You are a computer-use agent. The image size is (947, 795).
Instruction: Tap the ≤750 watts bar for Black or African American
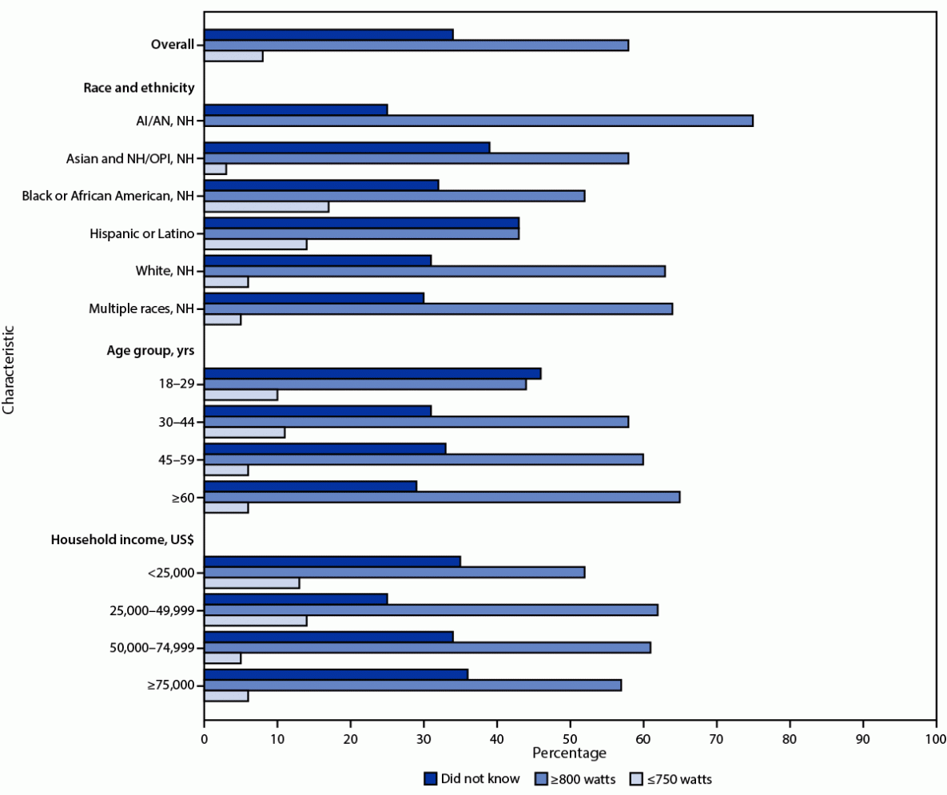click(266, 207)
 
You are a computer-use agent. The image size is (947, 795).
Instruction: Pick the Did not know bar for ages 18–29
click(372, 373)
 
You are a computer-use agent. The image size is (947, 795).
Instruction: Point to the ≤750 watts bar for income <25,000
click(252, 583)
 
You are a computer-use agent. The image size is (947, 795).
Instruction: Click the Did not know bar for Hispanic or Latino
click(361, 222)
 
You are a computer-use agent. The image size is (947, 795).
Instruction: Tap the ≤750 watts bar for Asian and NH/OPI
click(215, 169)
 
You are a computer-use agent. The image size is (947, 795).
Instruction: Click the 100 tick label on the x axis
click(936, 739)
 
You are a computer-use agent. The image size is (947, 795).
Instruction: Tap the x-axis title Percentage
click(569, 753)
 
